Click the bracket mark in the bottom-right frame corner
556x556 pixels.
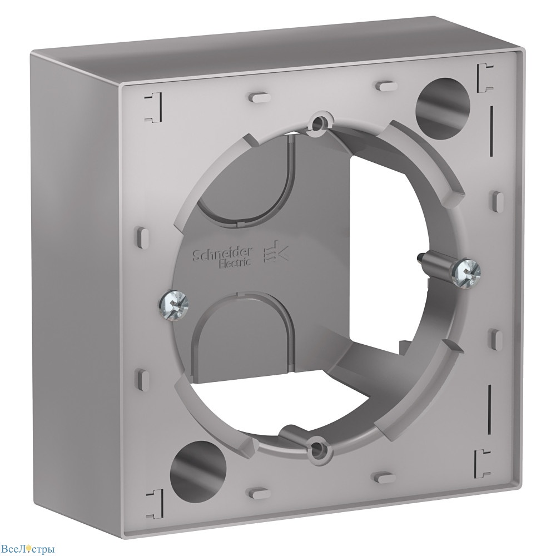click(482, 460)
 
